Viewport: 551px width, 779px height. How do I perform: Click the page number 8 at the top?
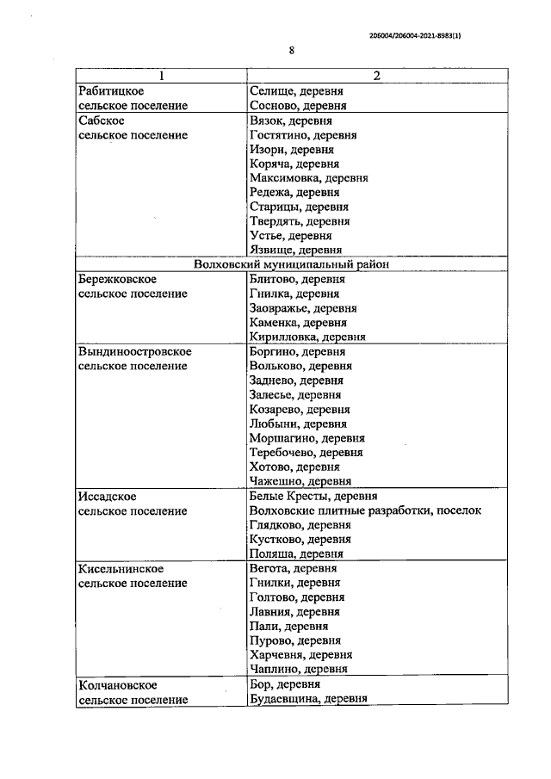[x=292, y=51]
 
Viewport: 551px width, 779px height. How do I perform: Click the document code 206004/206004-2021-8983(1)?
[x=420, y=35]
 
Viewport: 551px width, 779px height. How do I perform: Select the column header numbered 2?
[x=376, y=76]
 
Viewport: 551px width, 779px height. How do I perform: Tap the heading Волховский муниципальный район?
[x=293, y=265]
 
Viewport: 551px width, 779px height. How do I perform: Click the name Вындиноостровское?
[x=134, y=352]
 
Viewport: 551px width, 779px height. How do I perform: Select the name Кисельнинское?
[x=121, y=569]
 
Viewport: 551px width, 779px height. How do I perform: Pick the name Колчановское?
[x=117, y=684]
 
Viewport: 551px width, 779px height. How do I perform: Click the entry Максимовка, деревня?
[x=308, y=178]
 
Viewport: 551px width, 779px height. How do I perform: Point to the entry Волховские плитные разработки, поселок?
[x=365, y=511]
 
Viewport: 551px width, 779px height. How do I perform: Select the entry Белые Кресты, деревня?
[x=311, y=497]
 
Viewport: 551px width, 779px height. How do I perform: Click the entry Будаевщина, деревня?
[x=308, y=699]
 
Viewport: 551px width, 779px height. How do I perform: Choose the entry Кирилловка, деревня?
[x=307, y=337]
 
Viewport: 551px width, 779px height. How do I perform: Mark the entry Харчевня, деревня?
[x=299, y=655]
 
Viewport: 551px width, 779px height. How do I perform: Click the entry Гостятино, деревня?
[x=303, y=135]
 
